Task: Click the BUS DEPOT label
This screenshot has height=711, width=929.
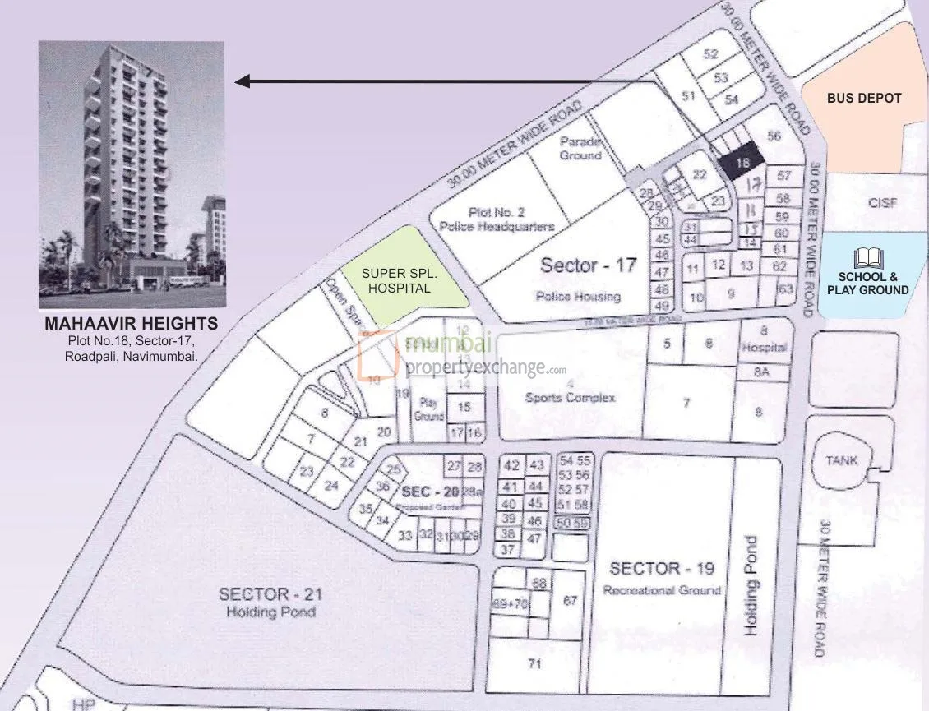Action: click(x=864, y=98)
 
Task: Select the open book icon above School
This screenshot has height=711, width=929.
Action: click(x=868, y=257)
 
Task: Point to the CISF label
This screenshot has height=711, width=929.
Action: click(x=882, y=202)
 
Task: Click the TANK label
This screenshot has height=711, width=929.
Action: click(x=841, y=460)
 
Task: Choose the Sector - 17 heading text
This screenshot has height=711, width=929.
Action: click(x=588, y=265)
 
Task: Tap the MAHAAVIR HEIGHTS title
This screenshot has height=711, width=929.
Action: click(x=132, y=324)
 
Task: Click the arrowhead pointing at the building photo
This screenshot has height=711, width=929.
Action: click(x=242, y=81)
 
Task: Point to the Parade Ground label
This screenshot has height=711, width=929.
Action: click(x=580, y=148)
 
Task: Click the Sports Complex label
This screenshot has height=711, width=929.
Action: click(x=570, y=398)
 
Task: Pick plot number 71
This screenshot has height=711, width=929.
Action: click(x=535, y=663)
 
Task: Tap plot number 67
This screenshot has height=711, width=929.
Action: click(x=570, y=601)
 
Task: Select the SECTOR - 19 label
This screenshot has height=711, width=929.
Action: click(x=662, y=569)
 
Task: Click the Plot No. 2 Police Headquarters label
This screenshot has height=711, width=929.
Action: click(x=497, y=219)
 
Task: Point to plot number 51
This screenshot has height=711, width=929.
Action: click(x=689, y=96)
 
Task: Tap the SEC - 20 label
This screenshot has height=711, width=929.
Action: click(x=426, y=491)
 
